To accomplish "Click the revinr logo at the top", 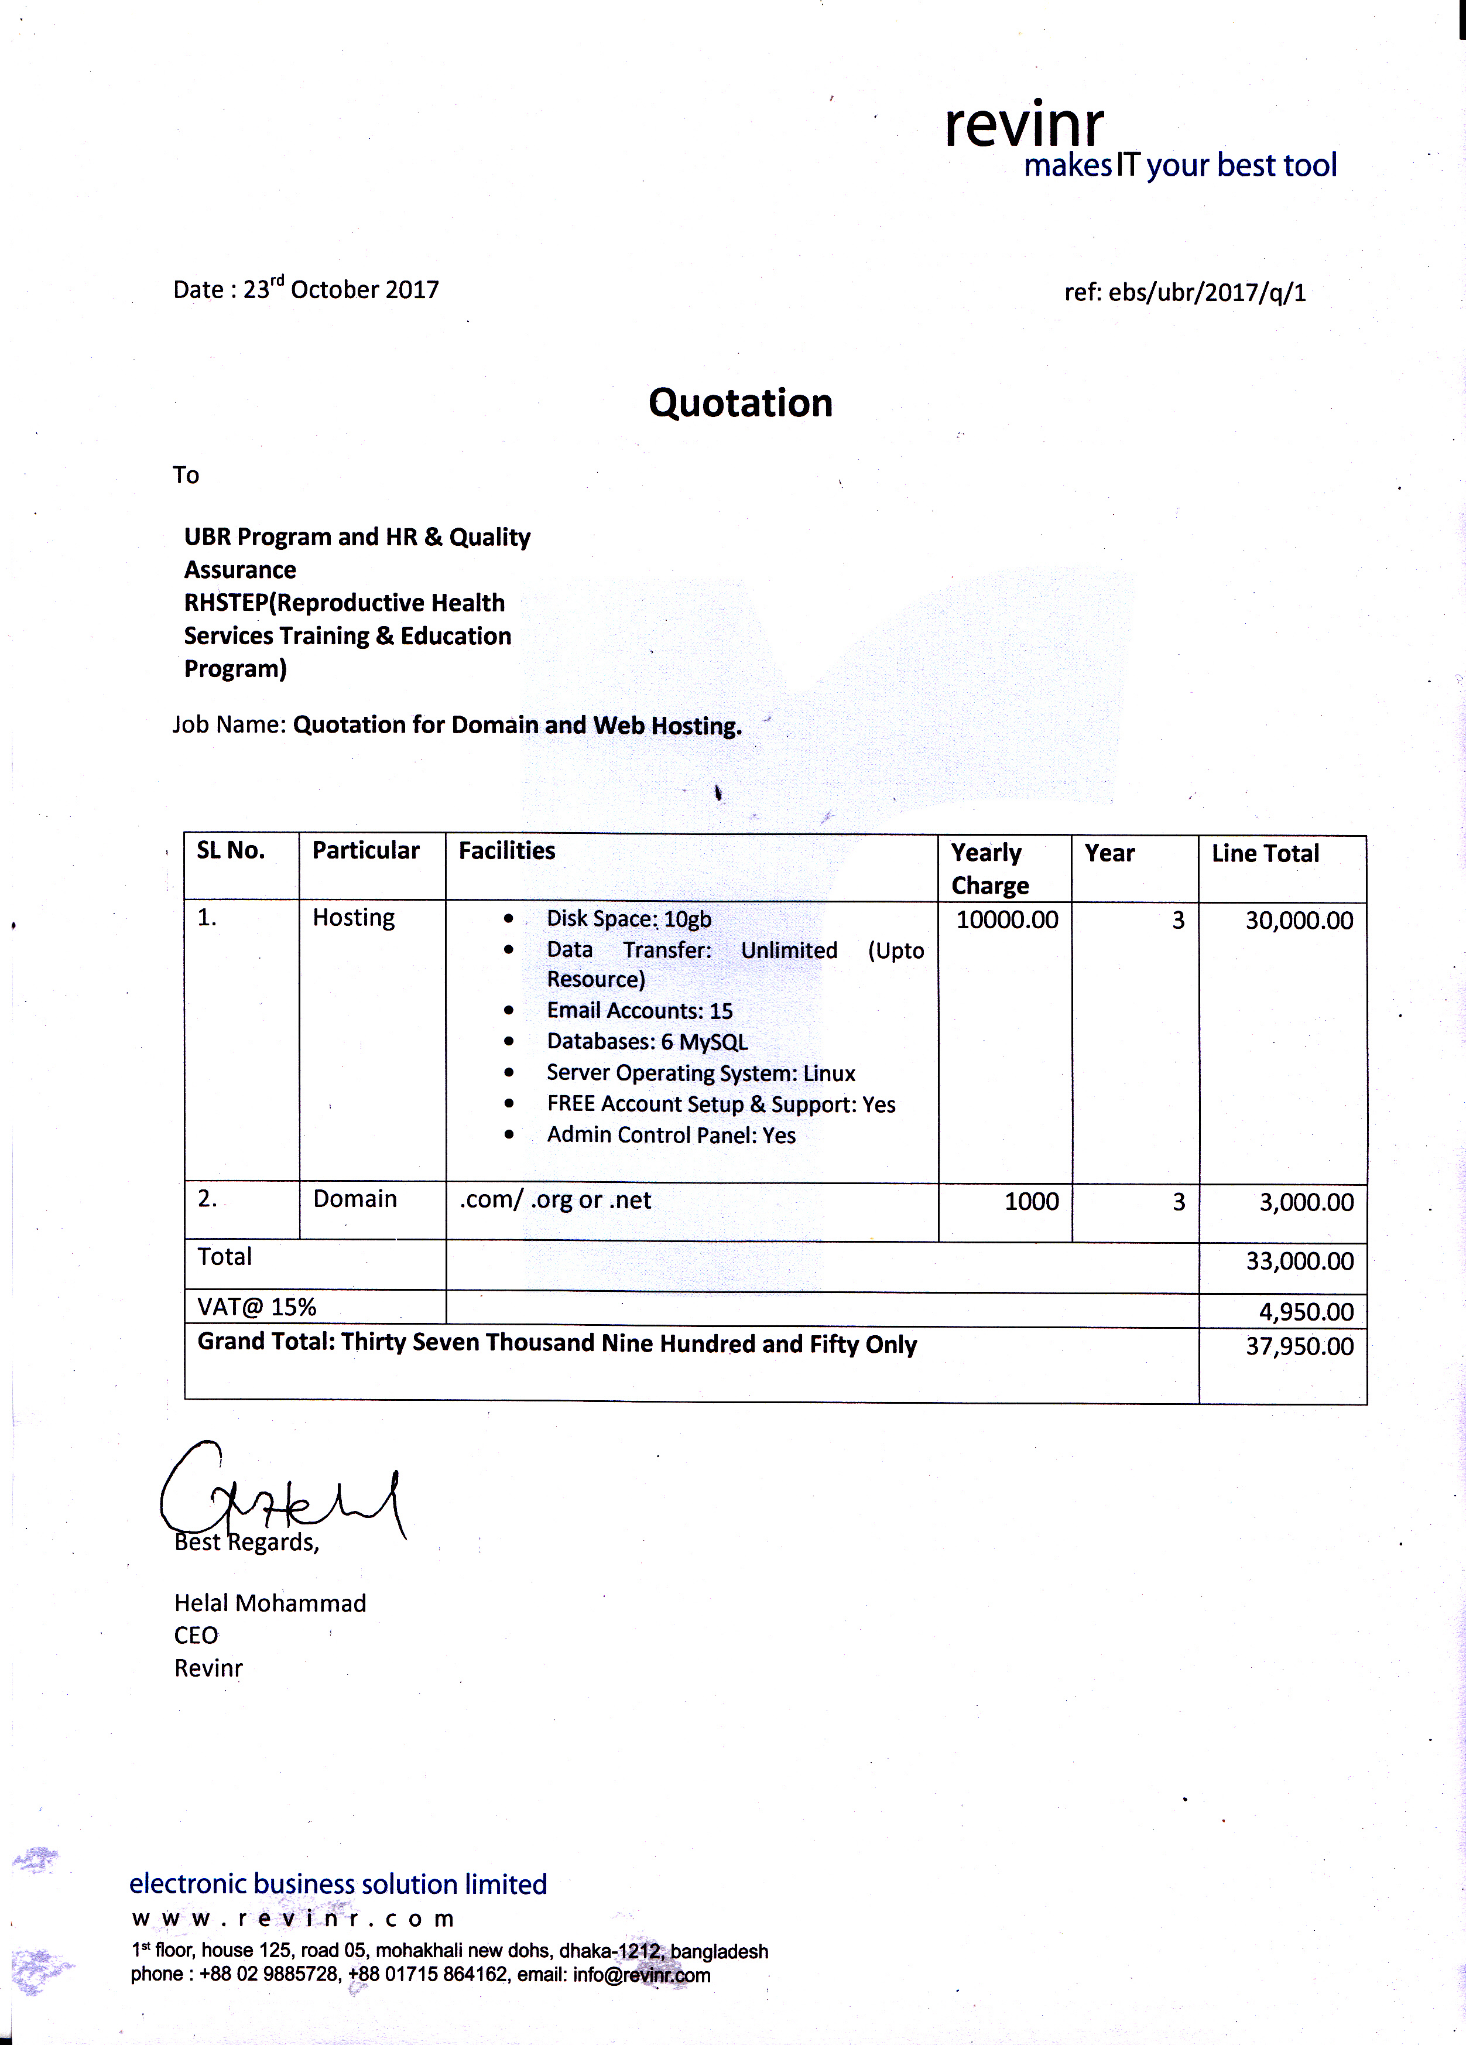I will (1024, 126).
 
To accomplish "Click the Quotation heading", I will (740, 403).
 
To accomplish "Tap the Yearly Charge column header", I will (989, 868).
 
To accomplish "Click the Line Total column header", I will (1265, 853).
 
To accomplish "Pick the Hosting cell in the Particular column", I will (354, 917).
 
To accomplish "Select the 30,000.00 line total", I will (1299, 921).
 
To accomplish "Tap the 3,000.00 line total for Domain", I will (1306, 1202).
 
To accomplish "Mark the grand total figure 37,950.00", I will (1299, 1346).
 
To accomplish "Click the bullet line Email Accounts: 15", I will (639, 1011).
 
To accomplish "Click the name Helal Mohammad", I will (269, 1603).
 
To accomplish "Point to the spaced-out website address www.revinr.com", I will (292, 1918).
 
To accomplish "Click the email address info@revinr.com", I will (641, 1975).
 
